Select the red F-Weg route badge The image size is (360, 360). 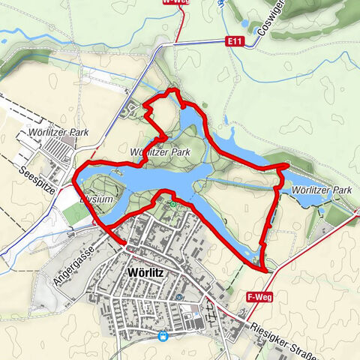(x=257, y=298)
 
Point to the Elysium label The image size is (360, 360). (x=97, y=199)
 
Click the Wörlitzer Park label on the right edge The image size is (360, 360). (x=323, y=190)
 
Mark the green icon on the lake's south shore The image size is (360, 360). (x=173, y=203)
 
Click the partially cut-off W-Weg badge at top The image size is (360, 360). (x=173, y=3)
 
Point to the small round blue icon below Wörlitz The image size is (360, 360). (x=180, y=296)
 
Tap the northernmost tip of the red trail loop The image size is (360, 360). (x=174, y=90)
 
